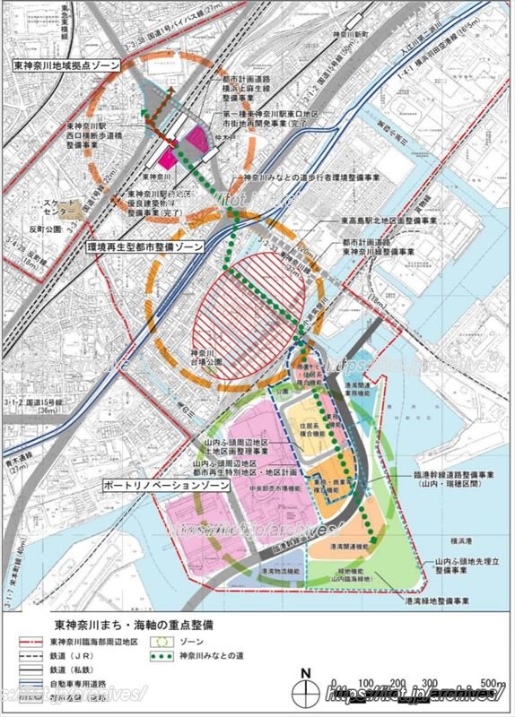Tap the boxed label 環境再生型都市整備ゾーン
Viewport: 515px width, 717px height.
148,245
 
